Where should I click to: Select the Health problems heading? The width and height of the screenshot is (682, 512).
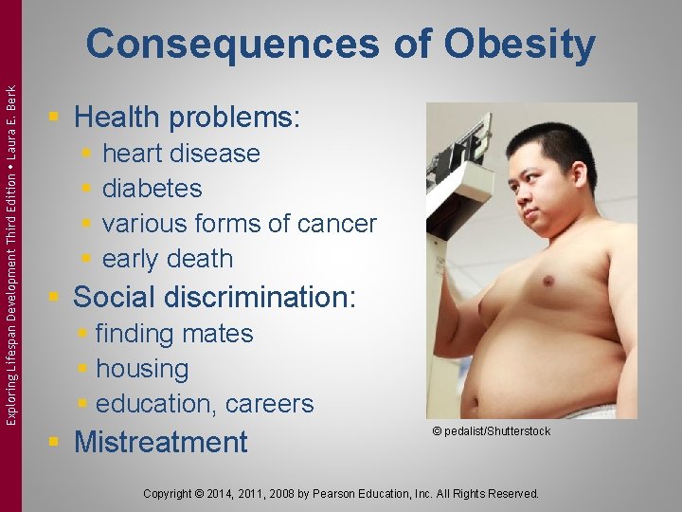click(x=187, y=118)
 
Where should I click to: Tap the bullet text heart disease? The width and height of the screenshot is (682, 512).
click(x=181, y=154)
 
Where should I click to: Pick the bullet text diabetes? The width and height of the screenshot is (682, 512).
click(x=152, y=189)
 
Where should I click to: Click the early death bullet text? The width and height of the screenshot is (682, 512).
click(x=168, y=259)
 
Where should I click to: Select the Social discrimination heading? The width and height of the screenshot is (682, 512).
click(x=214, y=298)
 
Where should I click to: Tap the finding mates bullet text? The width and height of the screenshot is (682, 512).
click(x=174, y=334)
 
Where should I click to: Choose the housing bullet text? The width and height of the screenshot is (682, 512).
click(x=142, y=369)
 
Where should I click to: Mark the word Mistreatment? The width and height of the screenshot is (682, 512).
click(x=160, y=442)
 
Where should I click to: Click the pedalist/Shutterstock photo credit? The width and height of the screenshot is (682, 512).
click(x=491, y=431)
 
